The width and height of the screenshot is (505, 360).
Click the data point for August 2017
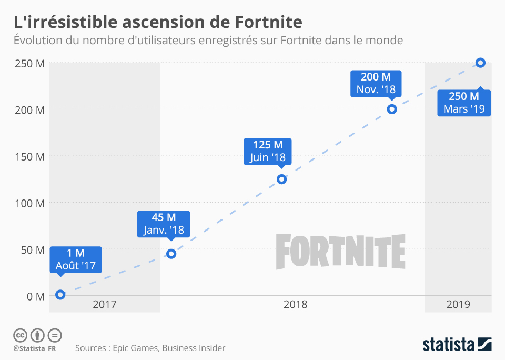point(60,295)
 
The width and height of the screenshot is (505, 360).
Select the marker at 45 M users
point(171,254)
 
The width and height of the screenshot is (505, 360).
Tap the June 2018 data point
point(281,179)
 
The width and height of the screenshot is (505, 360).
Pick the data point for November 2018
point(391,109)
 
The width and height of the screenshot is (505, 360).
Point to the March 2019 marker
point(480,63)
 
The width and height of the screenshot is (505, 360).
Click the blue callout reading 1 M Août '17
point(76,259)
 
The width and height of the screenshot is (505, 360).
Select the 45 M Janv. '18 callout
point(164,224)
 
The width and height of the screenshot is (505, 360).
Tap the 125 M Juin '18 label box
point(267,151)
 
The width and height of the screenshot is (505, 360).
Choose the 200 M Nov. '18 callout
point(376,83)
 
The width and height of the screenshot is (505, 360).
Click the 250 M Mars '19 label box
point(464,103)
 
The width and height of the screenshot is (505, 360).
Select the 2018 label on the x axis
point(295,304)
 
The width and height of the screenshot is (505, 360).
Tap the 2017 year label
point(104,304)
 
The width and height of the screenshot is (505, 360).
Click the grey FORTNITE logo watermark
point(340,252)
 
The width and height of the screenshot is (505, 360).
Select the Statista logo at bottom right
point(457,344)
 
